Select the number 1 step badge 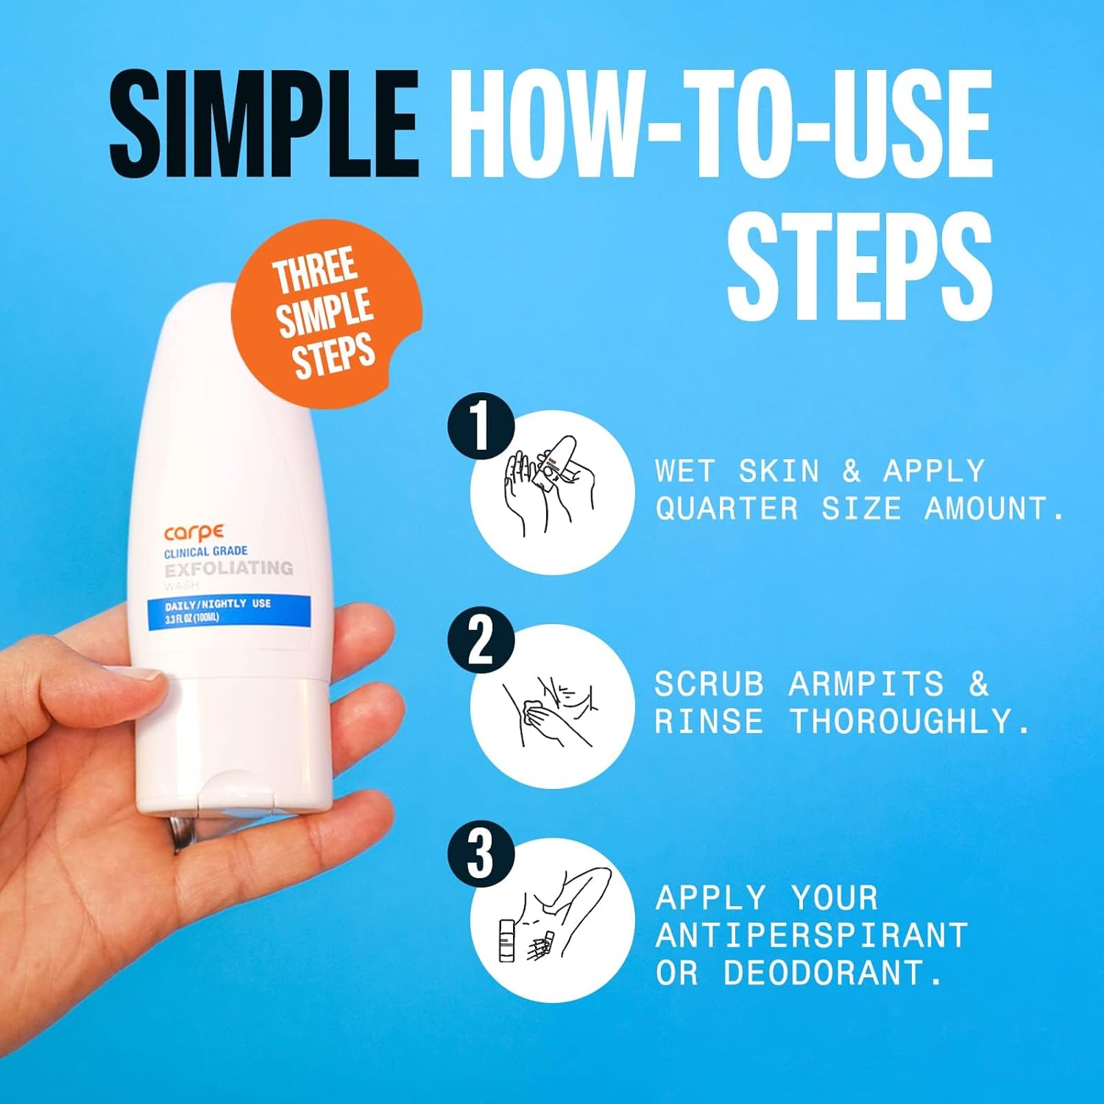pyautogui.click(x=480, y=425)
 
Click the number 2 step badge pyautogui.click(x=480, y=639)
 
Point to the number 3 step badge pyautogui.click(x=480, y=852)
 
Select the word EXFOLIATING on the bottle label pyautogui.click(x=229, y=568)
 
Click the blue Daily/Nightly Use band pyautogui.click(x=228, y=611)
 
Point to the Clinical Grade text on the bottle pyautogui.click(x=205, y=551)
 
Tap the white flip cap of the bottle pyautogui.click(x=236, y=743)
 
